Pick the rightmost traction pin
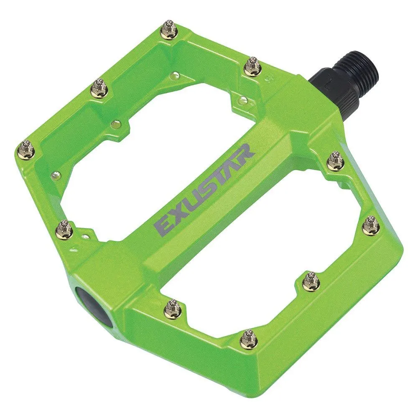[x=371, y=225]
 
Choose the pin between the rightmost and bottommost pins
[x=311, y=280]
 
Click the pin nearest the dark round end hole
[x=172, y=308]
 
